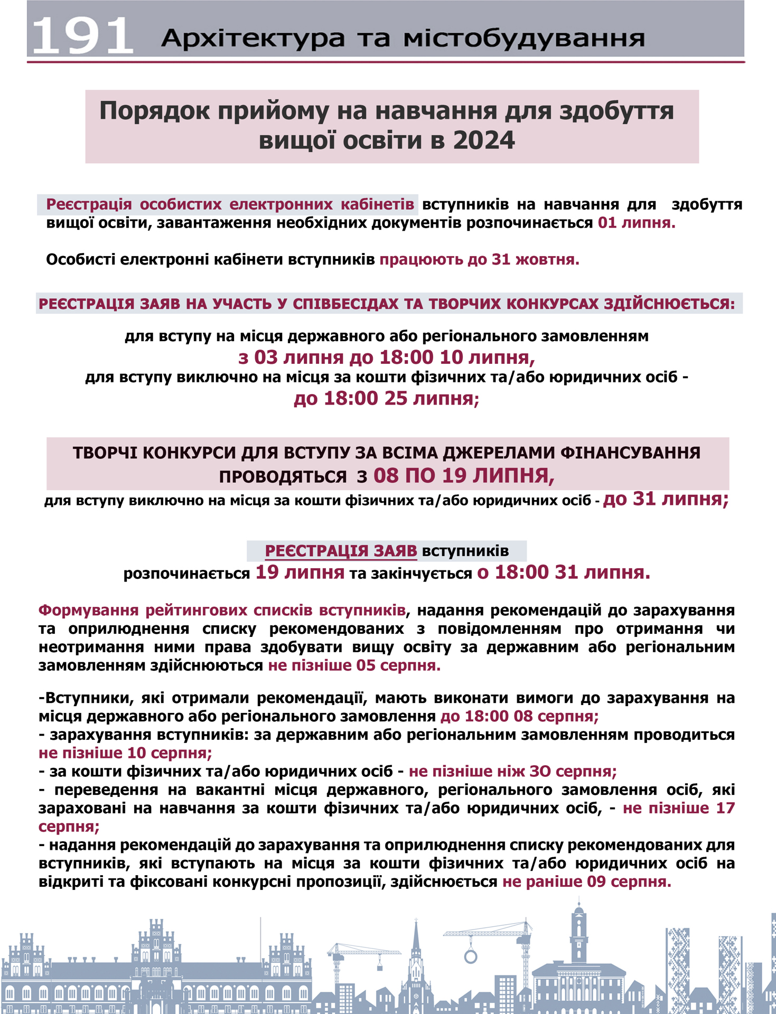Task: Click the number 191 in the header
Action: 82,36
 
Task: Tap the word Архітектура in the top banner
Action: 253,38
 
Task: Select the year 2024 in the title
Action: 483,140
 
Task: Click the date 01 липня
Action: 636,223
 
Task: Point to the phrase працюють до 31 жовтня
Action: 479,260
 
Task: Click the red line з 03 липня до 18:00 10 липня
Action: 386,358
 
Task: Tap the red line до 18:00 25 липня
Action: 386,398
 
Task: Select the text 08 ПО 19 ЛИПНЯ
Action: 463,476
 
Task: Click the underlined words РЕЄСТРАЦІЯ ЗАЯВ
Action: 341,551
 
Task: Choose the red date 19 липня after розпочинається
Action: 300,572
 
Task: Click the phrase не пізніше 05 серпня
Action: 354,665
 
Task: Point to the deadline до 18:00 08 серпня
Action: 519,716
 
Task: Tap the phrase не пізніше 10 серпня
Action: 125,753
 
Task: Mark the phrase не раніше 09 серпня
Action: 586,881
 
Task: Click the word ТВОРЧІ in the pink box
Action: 102,453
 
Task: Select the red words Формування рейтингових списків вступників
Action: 222,611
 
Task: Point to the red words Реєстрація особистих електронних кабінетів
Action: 230,204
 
